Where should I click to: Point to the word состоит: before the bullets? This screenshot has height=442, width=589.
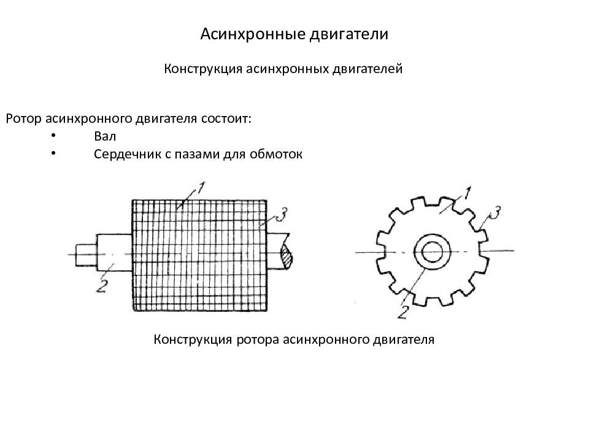click(x=226, y=118)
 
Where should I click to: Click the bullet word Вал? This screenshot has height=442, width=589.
click(x=105, y=136)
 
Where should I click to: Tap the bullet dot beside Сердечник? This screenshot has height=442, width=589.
click(x=53, y=153)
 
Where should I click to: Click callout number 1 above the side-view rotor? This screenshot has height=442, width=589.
click(x=201, y=188)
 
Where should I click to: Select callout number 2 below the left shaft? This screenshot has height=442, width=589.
click(x=102, y=287)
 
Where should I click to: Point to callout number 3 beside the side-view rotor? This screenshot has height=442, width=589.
click(x=282, y=215)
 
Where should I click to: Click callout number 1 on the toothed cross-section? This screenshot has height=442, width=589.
click(x=466, y=193)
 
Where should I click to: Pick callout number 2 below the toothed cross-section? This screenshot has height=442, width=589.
click(x=402, y=312)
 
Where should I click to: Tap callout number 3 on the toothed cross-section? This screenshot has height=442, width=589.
click(x=495, y=213)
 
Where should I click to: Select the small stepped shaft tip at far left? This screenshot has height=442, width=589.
click(x=86, y=255)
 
